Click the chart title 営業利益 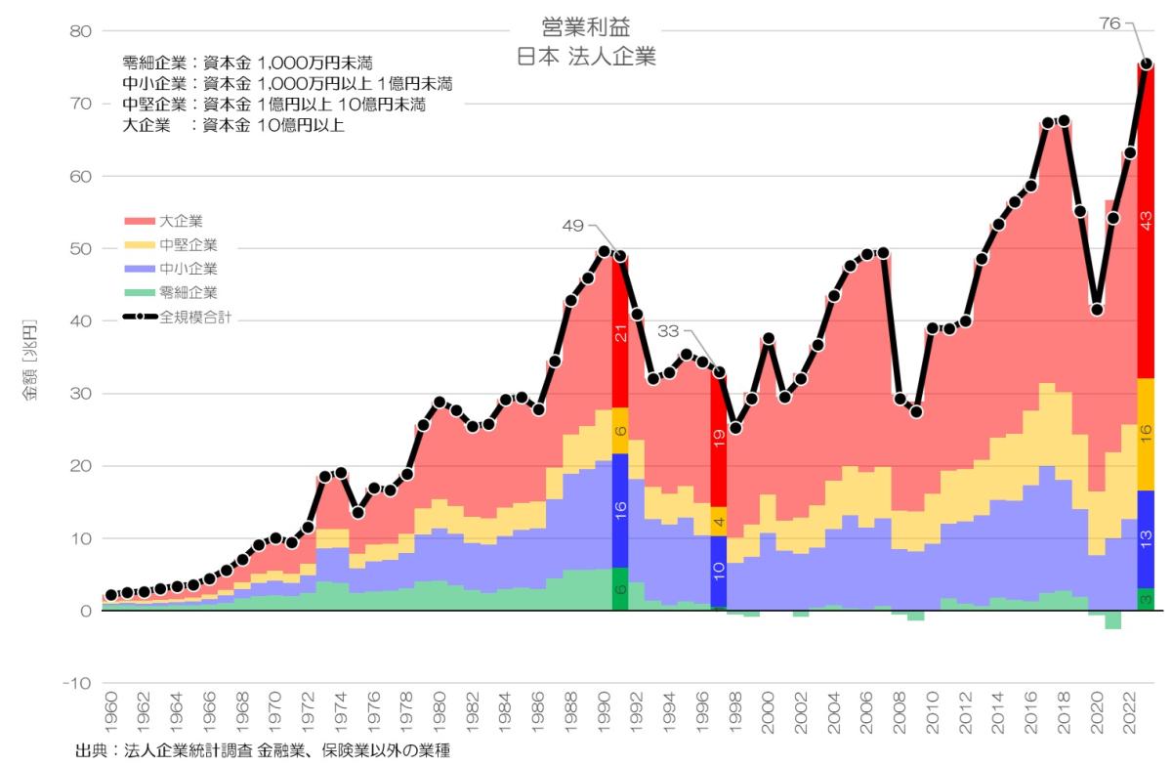point(586,26)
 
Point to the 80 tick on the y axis point(80,31)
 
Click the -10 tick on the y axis point(77,684)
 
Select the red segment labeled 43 point(1147,220)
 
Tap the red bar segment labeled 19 point(719,440)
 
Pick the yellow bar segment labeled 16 point(1147,434)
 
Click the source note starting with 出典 point(264,751)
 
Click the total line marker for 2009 point(916,411)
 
